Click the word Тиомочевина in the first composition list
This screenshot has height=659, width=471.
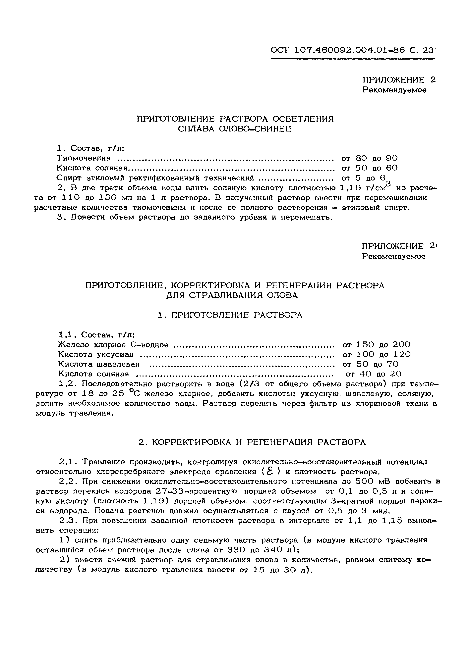click(84, 158)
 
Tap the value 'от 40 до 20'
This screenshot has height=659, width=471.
click(374, 374)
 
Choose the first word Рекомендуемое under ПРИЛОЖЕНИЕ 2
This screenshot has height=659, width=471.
click(394, 90)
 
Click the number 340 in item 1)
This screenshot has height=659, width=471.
click(273, 550)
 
